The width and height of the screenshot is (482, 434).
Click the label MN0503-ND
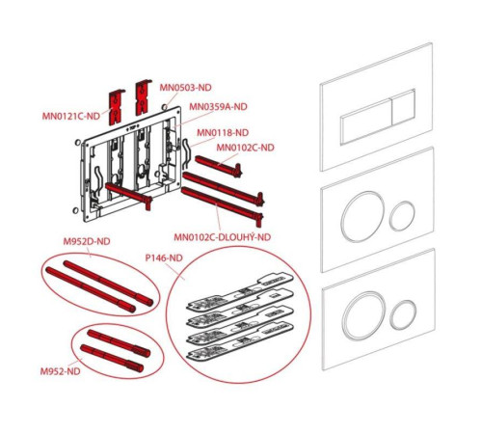click(186, 88)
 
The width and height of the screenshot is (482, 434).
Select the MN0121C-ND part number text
click(71, 116)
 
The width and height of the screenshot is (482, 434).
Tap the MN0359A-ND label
click(218, 106)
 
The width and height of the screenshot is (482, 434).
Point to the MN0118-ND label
click(223, 132)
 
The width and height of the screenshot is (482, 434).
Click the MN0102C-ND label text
click(245, 148)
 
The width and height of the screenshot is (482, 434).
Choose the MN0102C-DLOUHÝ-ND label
click(223, 237)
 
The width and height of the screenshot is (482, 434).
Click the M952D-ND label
click(87, 241)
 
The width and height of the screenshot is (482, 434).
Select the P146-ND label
click(164, 258)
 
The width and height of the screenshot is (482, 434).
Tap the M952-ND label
click(60, 371)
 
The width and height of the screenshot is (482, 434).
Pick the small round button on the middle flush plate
click(402, 216)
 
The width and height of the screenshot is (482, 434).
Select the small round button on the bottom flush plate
click(403, 314)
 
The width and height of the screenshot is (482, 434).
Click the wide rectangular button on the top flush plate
click(366, 122)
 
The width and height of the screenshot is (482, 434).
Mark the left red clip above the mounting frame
click(117, 107)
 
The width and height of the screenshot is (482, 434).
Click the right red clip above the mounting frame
click(143, 96)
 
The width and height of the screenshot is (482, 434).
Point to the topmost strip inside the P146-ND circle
click(240, 292)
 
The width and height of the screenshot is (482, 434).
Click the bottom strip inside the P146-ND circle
click(240, 341)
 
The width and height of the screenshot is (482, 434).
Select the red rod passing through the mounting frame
click(128, 195)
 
